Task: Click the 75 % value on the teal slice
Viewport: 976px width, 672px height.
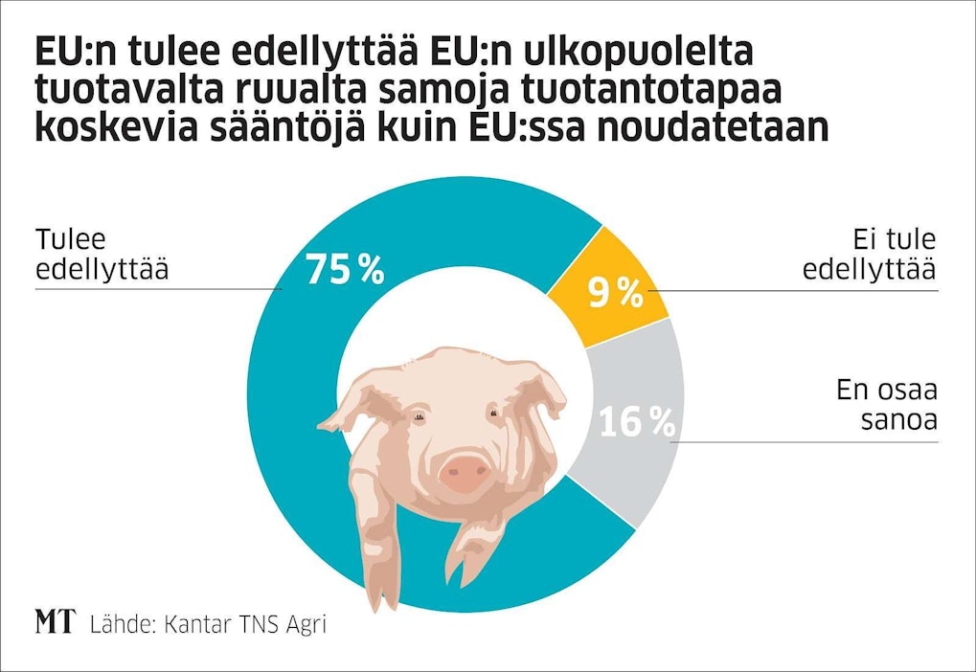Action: (x=345, y=270)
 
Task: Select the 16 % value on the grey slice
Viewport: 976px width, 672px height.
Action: (x=637, y=422)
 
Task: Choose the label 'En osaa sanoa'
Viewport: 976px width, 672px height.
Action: (x=886, y=406)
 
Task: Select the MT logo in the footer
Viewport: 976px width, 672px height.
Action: (x=55, y=623)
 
